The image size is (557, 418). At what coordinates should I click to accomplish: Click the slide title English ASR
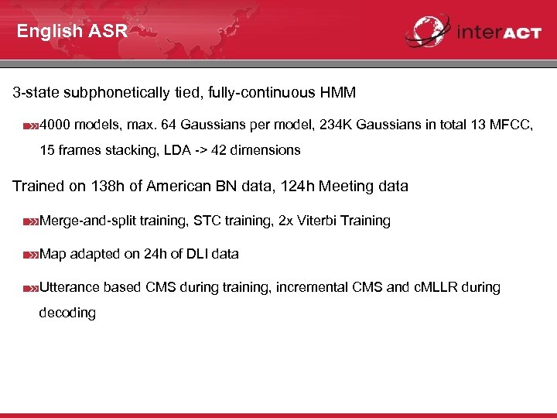[x=71, y=32]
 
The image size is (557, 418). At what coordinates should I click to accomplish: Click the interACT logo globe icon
[x=427, y=31]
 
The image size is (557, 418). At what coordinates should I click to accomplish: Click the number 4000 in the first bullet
[x=55, y=125]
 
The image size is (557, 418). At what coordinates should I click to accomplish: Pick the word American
[x=182, y=187]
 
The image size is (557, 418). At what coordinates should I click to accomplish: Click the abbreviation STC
[x=207, y=221]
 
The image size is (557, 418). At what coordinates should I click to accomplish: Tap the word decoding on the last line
[x=67, y=313]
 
